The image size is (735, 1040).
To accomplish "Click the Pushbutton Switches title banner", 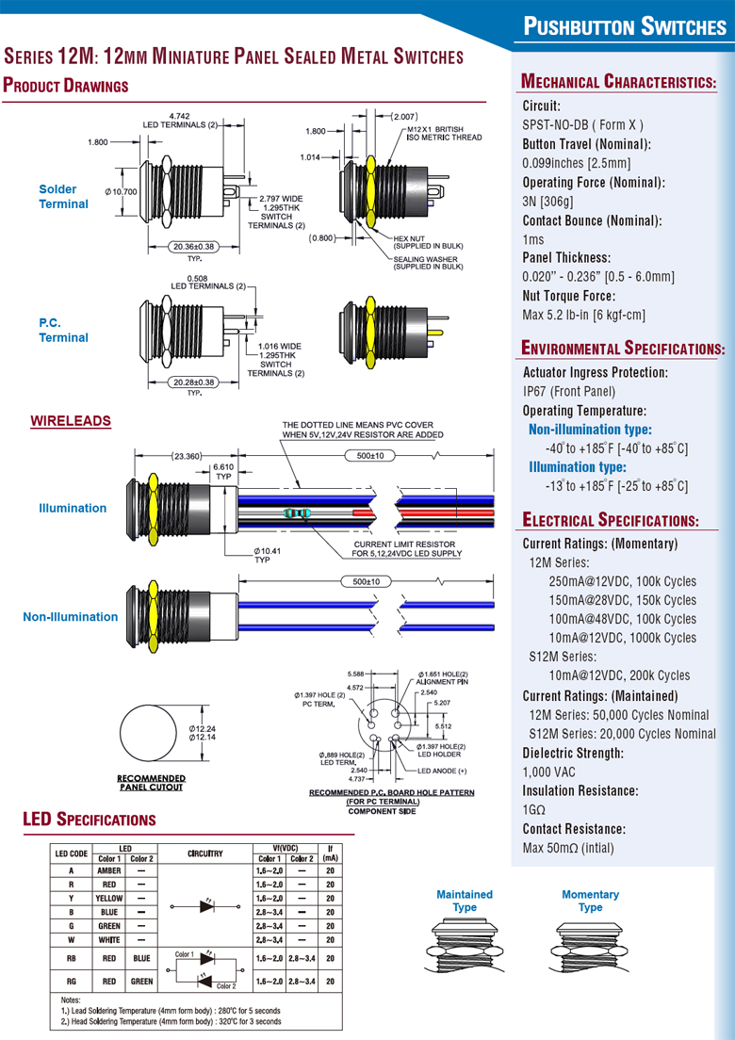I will pyautogui.click(x=625, y=26).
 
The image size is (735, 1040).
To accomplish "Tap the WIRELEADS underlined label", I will pyautogui.click(x=71, y=421).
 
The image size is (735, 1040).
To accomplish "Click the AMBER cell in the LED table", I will pyautogui.click(x=109, y=871).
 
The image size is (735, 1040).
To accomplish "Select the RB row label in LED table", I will pyautogui.click(x=72, y=958).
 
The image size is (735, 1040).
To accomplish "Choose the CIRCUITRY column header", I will pyautogui.click(x=204, y=853).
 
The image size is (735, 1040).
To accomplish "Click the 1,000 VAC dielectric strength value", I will pyautogui.click(x=549, y=772).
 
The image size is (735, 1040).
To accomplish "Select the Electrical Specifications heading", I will pyautogui.click(x=610, y=520).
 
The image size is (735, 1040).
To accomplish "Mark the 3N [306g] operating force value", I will pyautogui.click(x=547, y=202).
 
